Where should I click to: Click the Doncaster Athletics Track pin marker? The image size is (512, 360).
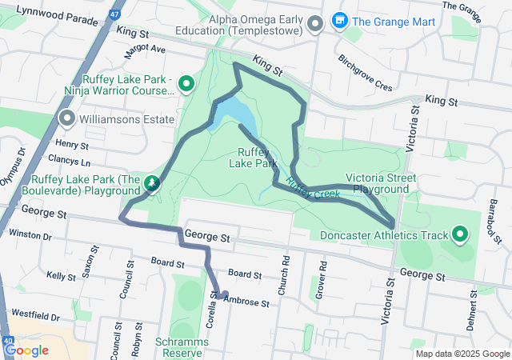pos(460,234)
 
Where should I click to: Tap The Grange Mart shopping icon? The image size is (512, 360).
pos(339,20)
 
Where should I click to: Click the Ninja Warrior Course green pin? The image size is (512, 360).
pos(186,82)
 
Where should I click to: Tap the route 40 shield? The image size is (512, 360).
pos(8,342)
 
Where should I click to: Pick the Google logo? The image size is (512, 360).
pos(26,350)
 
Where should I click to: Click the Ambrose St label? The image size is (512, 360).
pos(250,301)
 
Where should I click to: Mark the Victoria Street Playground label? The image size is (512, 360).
pos(377,183)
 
